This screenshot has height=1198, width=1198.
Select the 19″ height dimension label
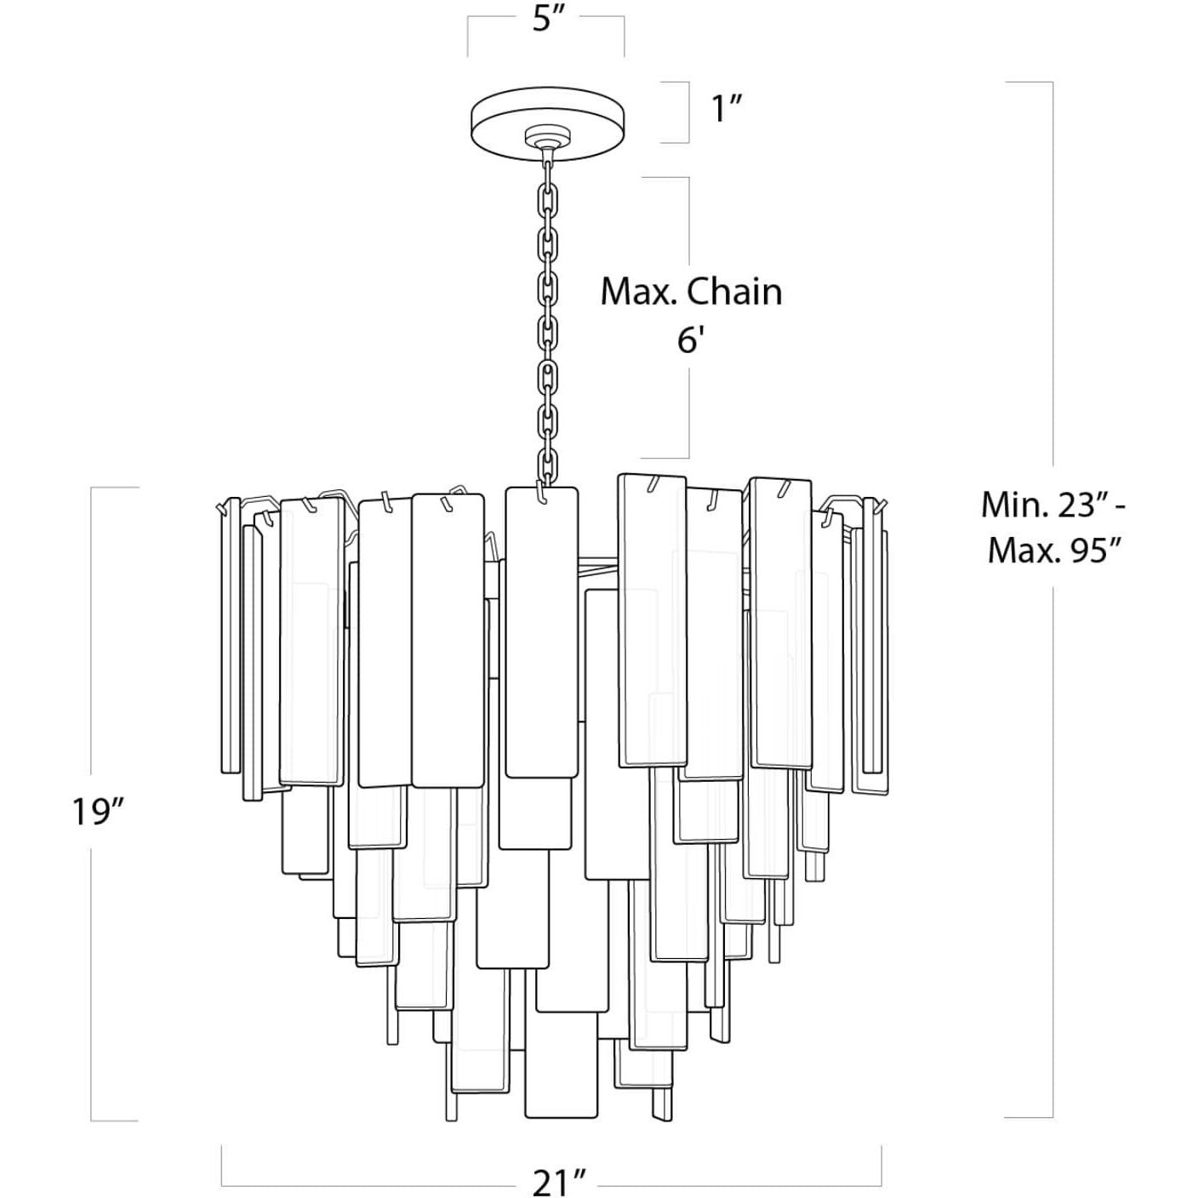pos(99,811)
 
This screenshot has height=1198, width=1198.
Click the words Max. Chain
pos(691,292)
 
